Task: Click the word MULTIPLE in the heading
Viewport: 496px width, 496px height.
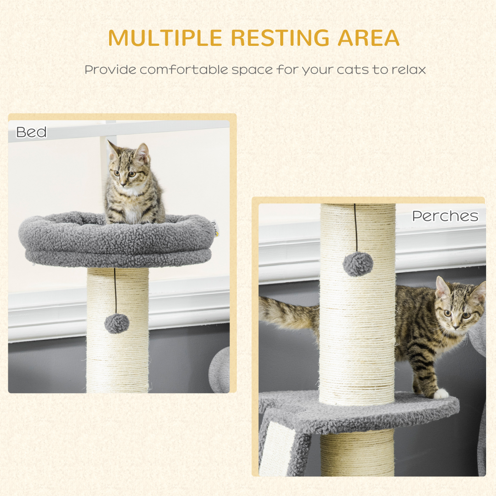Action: point(166,38)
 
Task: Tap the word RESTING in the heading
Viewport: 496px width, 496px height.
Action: point(281,38)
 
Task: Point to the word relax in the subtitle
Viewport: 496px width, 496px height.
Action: point(409,70)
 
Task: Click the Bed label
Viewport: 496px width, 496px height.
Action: point(31,132)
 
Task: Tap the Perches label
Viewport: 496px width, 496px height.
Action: point(445,216)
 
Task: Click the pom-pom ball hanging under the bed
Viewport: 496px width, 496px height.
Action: point(117,323)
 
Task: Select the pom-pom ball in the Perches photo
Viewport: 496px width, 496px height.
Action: point(358,264)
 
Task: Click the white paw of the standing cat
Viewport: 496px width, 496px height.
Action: point(441,394)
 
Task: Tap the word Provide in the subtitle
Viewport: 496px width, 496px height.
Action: point(110,70)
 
